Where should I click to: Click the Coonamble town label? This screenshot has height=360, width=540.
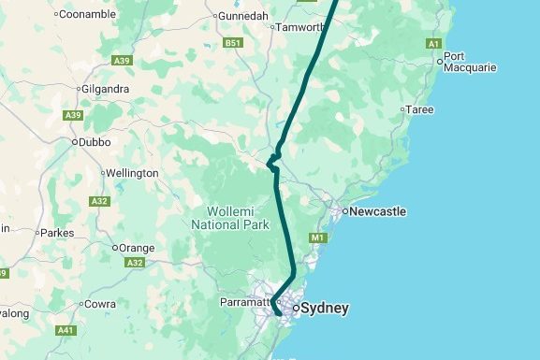click(x=89, y=14)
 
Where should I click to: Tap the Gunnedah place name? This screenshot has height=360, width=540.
click(x=244, y=16)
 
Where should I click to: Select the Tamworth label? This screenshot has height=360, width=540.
click(x=299, y=27)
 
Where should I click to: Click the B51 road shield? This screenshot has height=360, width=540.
click(x=233, y=43)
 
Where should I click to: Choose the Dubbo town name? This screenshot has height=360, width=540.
click(x=95, y=142)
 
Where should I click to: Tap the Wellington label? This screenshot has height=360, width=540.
click(x=133, y=173)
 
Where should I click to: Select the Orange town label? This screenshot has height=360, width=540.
click(x=133, y=248)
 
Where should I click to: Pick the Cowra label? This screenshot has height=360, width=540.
click(x=100, y=304)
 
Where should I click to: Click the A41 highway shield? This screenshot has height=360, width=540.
click(x=66, y=330)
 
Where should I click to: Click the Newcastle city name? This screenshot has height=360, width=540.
click(x=378, y=211)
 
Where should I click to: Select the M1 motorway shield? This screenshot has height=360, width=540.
click(x=316, y=238)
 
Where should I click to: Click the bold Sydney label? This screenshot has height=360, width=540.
click(x=326, y=308)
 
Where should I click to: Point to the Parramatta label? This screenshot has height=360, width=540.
click(x=245, y=303)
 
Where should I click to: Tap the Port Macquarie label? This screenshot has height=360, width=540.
click(x=470, y=62)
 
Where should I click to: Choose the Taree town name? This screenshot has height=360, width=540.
click(x=419, y=109)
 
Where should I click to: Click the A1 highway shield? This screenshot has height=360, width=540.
click(x=433, y=44)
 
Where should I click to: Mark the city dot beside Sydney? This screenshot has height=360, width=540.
click(x=296, y=308)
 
